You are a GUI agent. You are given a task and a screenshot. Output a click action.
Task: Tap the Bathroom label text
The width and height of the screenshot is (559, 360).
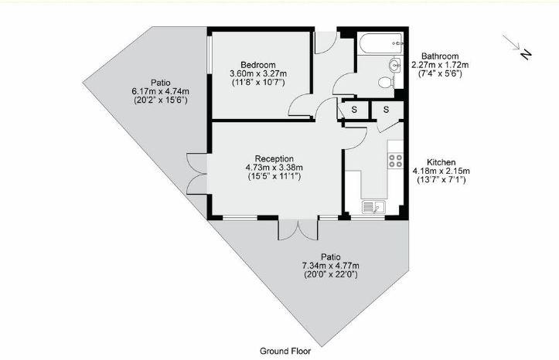[x=435, y=56]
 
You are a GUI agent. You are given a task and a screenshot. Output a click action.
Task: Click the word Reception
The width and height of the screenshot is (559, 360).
[x=268, y=158]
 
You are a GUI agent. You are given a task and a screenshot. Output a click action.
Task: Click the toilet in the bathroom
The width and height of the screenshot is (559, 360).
[x=384, y=80]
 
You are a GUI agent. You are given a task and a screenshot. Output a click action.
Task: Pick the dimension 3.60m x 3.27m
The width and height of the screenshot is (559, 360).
[x=258, y=73]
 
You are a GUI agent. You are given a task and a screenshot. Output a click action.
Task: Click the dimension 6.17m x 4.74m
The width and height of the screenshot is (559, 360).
[x=160, y=91]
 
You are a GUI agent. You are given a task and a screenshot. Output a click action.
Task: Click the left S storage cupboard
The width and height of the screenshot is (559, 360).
[x=354, y=110]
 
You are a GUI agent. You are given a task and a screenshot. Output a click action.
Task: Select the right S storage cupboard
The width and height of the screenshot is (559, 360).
[x=383, y=110]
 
